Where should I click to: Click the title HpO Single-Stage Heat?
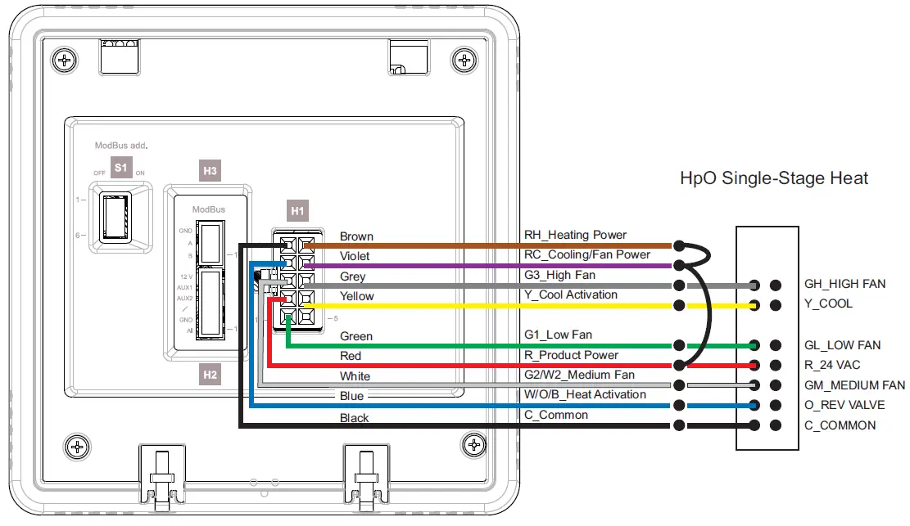click(774, 178)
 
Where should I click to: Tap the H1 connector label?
click(297, 211)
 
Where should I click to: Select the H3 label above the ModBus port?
click(210, 171)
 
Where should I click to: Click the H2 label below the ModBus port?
click(210, 375)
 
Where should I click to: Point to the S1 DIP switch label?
click(121, 167)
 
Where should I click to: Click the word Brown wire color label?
click(356, 236)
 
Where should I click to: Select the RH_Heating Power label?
click(575, 236)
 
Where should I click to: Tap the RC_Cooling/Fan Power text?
click(587, 254)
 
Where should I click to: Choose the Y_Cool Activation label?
click(571, 294)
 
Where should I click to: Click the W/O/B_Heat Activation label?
click(585, 394)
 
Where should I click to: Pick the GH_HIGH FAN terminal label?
click(844, 285)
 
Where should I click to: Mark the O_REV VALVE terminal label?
click(844, 405)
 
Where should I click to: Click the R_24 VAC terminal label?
click(832, 365)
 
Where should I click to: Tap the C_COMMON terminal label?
click(840, 425)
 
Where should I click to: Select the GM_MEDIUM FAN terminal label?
click(854, 385)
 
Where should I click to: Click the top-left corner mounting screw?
click(65, 60)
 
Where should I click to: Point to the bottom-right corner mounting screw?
click(474, 446)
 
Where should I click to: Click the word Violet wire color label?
click(355, 256)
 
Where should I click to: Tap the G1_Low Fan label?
click(558, 335)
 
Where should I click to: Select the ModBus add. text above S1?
click(120, 146)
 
